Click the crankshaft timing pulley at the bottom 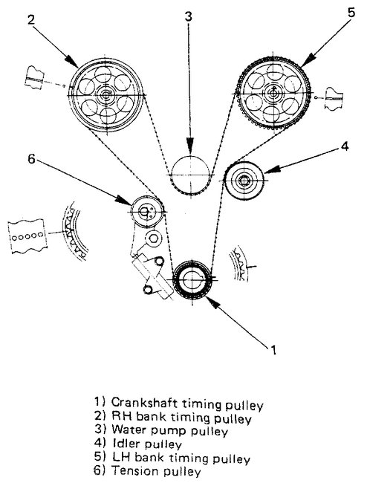point(192,280)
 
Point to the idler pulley point(243,181)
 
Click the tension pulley point(146,213)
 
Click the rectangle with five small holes point(26,233)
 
